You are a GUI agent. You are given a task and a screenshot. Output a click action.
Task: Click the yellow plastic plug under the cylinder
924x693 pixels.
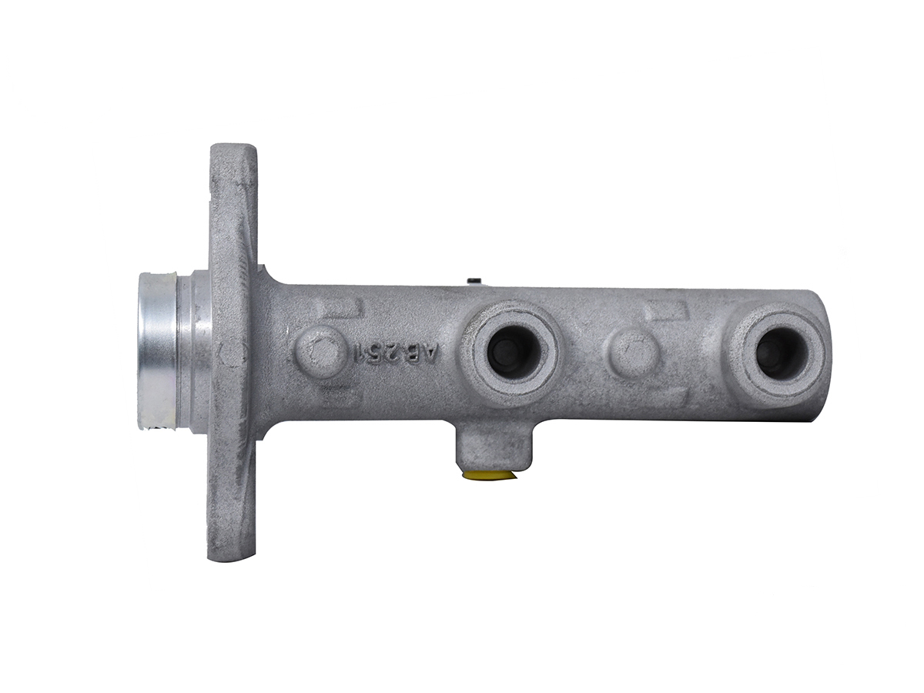(489, 475)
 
